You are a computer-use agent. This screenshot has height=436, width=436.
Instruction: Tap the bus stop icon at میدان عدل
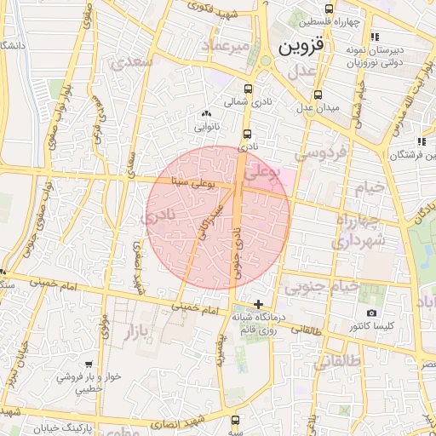(x=318, y=95)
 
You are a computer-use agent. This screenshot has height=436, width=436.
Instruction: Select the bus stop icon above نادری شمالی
(x=248, y=89)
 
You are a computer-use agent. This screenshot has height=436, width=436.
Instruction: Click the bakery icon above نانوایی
(x=205, y=113)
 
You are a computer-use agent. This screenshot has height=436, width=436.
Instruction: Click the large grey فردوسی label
(x=321, y=154)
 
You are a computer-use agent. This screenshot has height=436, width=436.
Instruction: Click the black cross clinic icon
(x=258, y=304)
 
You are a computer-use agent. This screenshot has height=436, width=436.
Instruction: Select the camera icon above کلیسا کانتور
(x=371, y=313)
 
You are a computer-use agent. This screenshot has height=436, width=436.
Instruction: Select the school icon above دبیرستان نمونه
(x=375, y=36)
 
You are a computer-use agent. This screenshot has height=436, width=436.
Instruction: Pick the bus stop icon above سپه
(x=235, y=419)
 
